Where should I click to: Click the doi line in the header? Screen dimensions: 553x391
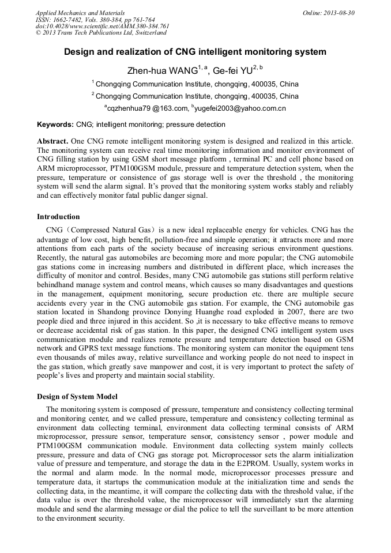pyautogui.click(x=102, y=26)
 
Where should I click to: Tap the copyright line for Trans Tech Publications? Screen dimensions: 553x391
pyautogui.click(x=100, y=33)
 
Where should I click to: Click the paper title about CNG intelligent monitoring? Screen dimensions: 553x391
pyautogui.click(x=195, y=52)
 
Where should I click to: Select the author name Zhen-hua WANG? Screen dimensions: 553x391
pyautogui.click(x=162, y=72)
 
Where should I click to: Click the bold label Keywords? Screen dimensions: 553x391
pyautogui.click(x=55, y=125)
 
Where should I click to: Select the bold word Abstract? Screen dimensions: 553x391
pyautogui.click(x=52, y=141)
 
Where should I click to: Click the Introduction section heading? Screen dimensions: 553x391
pyautogui.click(x=58, y=217)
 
